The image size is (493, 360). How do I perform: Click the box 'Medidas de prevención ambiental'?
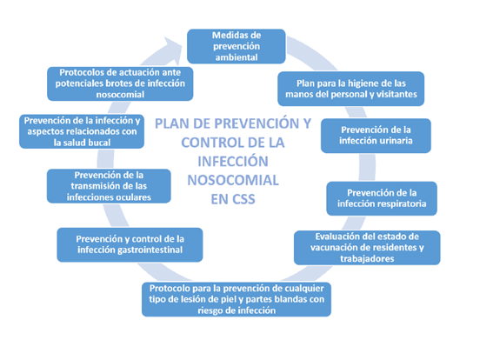click(237, 46)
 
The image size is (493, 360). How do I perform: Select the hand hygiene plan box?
click(351, 89)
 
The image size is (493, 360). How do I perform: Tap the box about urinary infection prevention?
click(376, 136)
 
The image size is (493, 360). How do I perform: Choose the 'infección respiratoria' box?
click(382, 198)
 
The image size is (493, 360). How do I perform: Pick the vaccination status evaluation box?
click(367, 248)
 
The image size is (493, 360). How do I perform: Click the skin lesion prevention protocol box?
click(237, 299)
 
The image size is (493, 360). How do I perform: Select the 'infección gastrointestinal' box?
click(130, 244)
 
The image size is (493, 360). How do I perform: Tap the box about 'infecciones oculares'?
click(109, 186)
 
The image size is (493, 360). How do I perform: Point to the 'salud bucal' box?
click(82, 131)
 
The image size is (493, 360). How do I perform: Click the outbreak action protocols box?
click(120, 83)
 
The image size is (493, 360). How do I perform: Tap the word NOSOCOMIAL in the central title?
click(233, 181)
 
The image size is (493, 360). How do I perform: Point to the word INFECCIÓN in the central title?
click(233, 161)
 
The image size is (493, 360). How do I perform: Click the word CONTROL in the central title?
click(211, 143)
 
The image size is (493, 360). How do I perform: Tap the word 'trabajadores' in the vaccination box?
click(367, 259)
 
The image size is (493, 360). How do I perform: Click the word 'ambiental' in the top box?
click(237, 57)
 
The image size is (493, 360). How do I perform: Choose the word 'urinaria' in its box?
click(397, 141)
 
